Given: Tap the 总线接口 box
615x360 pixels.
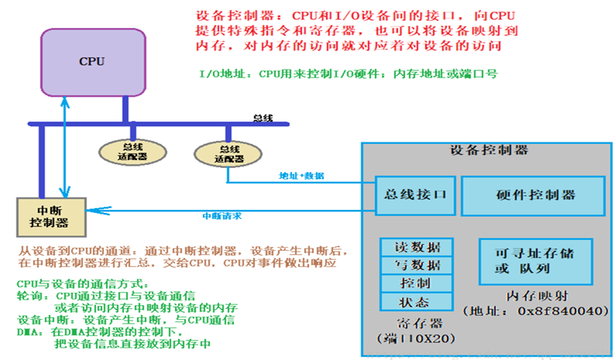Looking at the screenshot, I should coord(414,194).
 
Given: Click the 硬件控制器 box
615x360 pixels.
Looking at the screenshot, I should coord(534,194).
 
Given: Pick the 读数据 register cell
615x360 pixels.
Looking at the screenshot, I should coord(417,248).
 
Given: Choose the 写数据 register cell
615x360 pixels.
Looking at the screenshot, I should coord(417,266).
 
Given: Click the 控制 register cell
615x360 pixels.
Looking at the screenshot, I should coord(417,283).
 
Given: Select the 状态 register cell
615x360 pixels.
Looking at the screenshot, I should coord(417,301).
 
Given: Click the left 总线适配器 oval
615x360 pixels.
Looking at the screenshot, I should coord(125,150).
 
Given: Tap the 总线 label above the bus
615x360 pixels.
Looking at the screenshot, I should coord(263,118).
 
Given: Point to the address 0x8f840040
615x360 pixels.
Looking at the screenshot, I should coord(556,311).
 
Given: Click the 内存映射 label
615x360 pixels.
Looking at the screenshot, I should coord(534,296).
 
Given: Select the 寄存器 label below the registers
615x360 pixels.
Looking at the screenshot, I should coord(416,323).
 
